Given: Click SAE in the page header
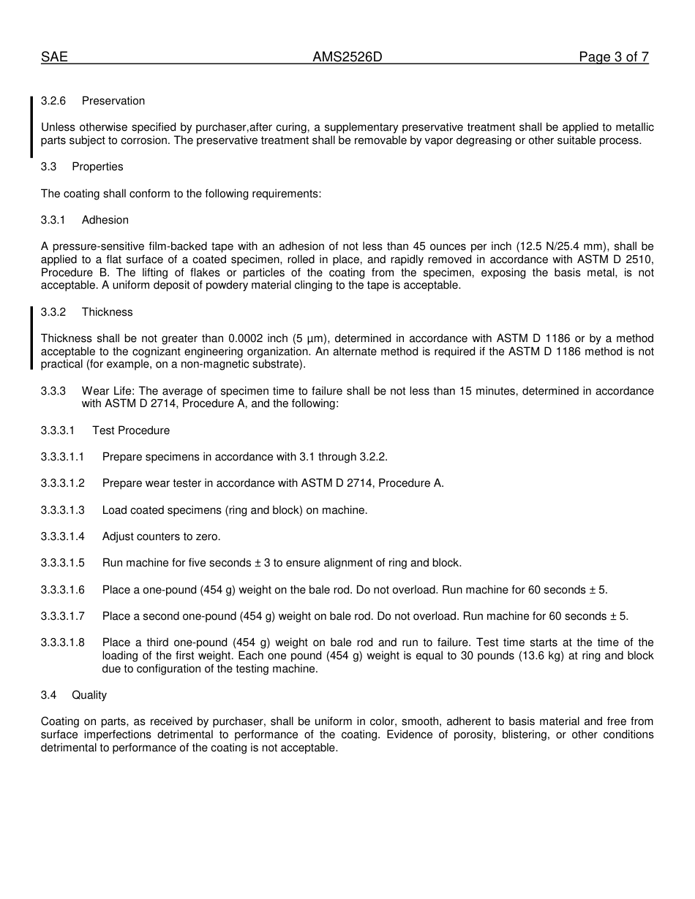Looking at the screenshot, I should [54, 57].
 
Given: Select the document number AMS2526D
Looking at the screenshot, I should [347, 57].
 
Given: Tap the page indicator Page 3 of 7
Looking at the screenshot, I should [613, 57].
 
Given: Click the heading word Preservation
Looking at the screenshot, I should [113, 101].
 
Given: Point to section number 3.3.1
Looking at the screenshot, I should [53, 220].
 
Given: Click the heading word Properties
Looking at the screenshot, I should [97, 167].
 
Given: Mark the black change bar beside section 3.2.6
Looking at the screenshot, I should [31, 127].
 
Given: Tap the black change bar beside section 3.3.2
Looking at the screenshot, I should [31, 338].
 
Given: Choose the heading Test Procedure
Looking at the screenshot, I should [131, 430].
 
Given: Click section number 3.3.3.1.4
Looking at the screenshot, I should [63, 536].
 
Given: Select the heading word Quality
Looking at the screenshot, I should [89, 695].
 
